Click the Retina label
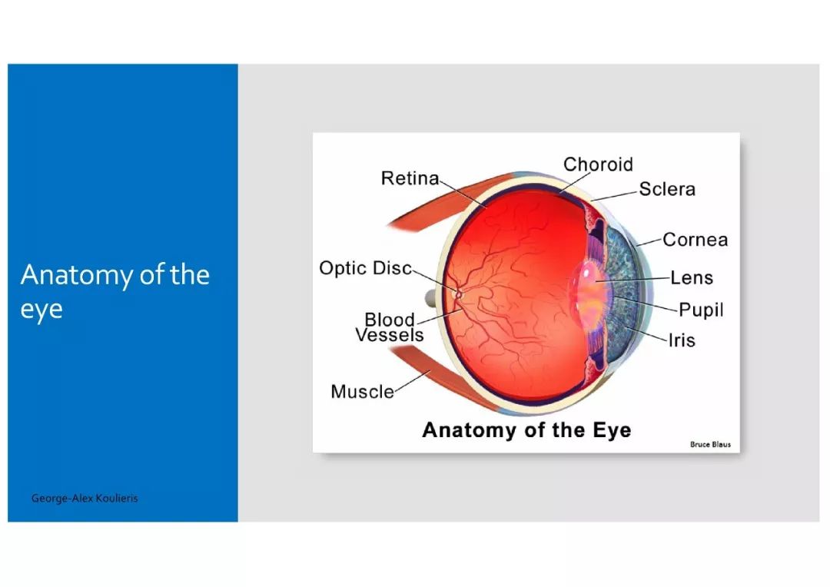(x=410, y=178)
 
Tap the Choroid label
(x=598, y=164)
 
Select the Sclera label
(x=667, y=189)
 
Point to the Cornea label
(x=695, y=240)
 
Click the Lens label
(x=692, y=278)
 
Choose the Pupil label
(x=701, y=310)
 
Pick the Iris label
(x=682, y=340)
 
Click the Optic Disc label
(x=365, y=268)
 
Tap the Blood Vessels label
(x=390, y=327)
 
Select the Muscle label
(x=363, y=392)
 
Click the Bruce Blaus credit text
(x=710, y=445)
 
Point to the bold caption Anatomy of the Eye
(x=526, y=430)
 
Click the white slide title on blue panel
(x=115, y=292)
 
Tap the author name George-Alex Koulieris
(x=85, y=498)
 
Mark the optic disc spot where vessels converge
(x=458, y=294)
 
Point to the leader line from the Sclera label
(x=614, y=195)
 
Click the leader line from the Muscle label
(x=413, y=381)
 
